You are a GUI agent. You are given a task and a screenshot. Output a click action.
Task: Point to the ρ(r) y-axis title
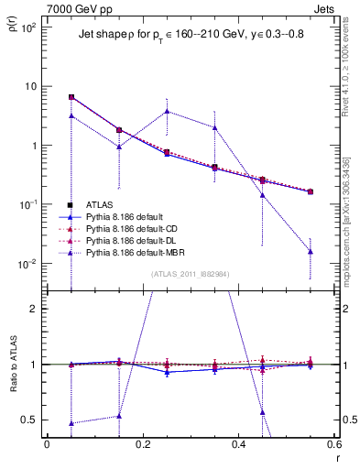click(x=12, y=34)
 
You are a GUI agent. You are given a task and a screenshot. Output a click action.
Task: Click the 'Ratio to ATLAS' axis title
click(x=12, y=365)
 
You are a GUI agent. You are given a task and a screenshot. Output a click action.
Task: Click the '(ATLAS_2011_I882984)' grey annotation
click(x=190, y=273)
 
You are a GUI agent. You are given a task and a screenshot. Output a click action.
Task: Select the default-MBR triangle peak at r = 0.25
click(x=167, y=111)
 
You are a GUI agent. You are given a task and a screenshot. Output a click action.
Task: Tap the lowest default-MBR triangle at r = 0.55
click(x=311, y=251)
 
